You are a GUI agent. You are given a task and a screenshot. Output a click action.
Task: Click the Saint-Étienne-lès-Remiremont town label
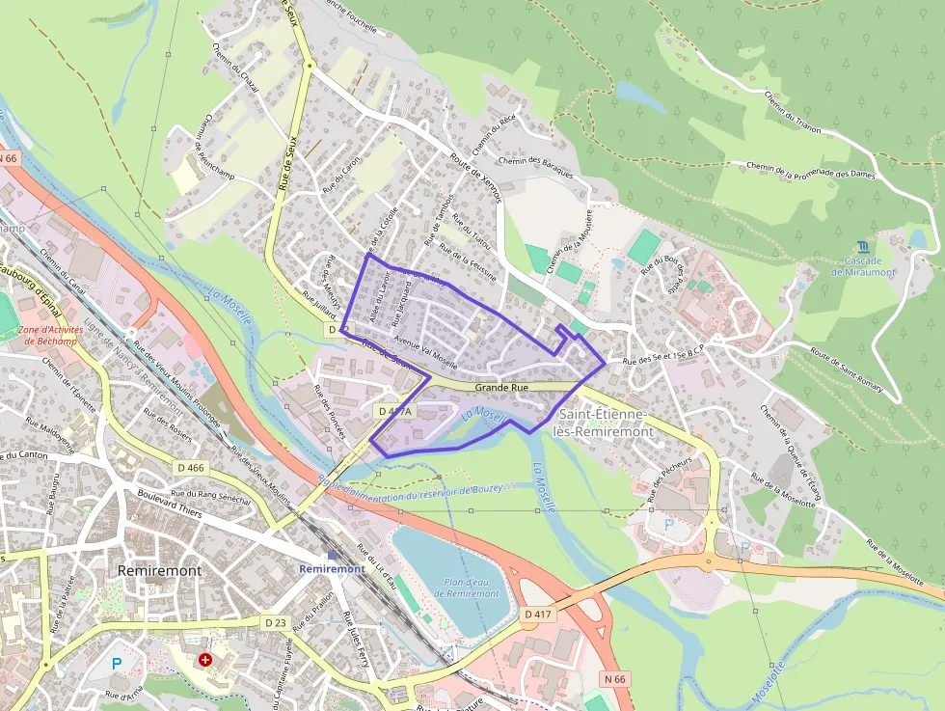605,424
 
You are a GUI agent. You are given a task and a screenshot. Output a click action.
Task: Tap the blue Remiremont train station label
332,568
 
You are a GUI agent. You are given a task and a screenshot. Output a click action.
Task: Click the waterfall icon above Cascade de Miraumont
860,248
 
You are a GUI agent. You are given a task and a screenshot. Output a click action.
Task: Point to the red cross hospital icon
204,661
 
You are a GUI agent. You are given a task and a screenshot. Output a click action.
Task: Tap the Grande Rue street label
502,387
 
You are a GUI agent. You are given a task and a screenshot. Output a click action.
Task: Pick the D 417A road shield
393,411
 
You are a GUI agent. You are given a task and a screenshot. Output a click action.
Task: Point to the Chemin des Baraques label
537,166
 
